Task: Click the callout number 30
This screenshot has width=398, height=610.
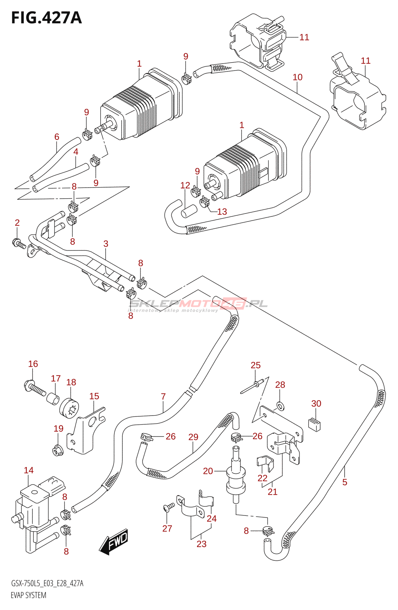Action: [x=316, y=404]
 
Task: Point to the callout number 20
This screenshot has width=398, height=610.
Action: [x=208, y=471]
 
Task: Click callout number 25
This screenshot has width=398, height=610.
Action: [x=256, y=365]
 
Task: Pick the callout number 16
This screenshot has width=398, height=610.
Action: [x=33, y=364]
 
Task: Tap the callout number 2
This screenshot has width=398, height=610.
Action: [x=17, y=223]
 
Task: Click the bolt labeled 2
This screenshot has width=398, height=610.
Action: [x=19, y=243]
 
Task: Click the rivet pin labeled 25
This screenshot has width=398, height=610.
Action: [x=252, y=387]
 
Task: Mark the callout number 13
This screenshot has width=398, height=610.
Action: [x=222, y=212]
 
